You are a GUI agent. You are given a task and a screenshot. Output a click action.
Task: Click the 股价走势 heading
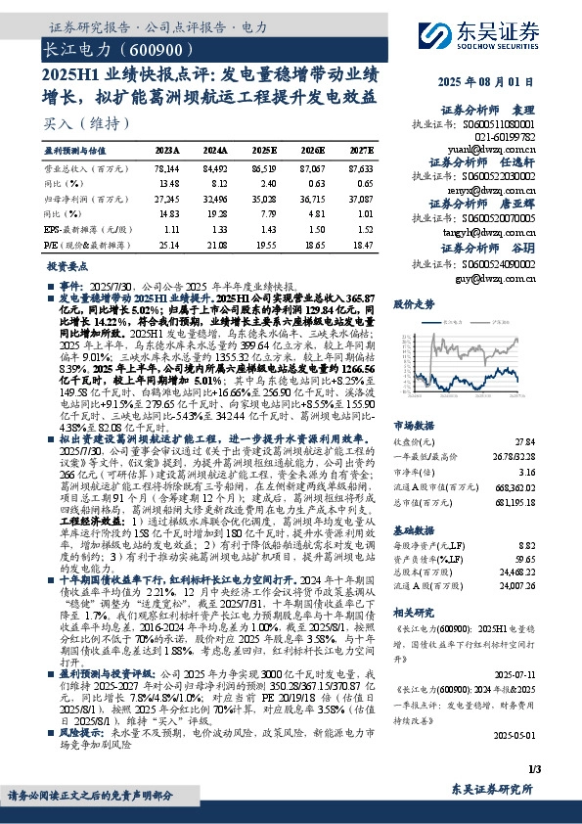click(x=412, y=304)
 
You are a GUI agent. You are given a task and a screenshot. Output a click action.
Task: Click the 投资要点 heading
click(x=67, y=266)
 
